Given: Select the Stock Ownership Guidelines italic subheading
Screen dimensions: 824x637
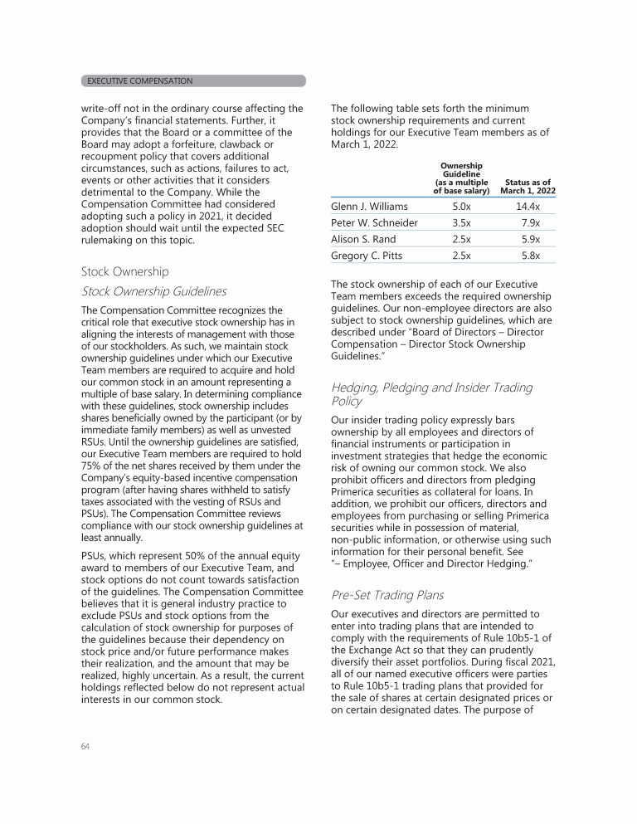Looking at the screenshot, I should [154, 291].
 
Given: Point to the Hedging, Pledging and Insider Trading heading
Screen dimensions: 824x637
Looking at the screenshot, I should [431, 394].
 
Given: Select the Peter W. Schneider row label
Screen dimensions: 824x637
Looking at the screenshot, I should [374, 222].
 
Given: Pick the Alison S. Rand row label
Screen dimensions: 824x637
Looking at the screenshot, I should [361, 239].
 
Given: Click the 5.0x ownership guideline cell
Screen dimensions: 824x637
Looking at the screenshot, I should [461, 206].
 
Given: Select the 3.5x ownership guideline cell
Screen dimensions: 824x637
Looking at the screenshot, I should [461, 222].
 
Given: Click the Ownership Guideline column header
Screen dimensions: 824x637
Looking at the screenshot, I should [461, 178].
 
